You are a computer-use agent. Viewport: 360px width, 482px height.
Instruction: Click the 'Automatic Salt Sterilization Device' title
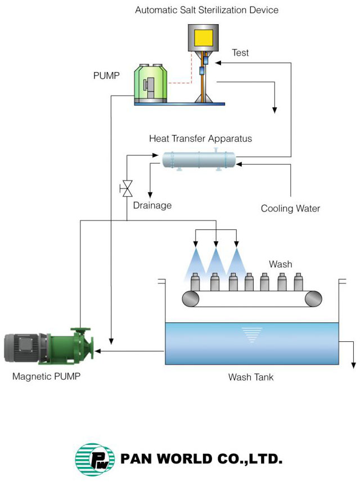click(x=206, y=10)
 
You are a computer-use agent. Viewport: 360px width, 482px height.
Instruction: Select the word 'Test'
click(x=240, y=53)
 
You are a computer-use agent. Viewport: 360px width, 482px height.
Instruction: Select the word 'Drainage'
click(x=152, y=205)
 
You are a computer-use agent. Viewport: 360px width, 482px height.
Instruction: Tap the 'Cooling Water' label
click(x=290, y=209)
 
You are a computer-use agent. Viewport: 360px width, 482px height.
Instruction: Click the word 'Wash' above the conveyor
click(x=280, y=264)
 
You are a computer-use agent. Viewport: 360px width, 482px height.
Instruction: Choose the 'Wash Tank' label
click(x=251, y=377)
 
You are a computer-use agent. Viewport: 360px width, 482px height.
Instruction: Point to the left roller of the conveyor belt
click(x=190, y=299)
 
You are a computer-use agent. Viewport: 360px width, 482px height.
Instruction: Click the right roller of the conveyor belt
click(x=313, y=299)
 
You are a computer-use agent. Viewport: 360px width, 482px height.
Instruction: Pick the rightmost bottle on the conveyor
click(x=299, y=281)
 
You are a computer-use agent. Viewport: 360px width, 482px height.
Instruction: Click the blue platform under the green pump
click(x=179, y=103)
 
